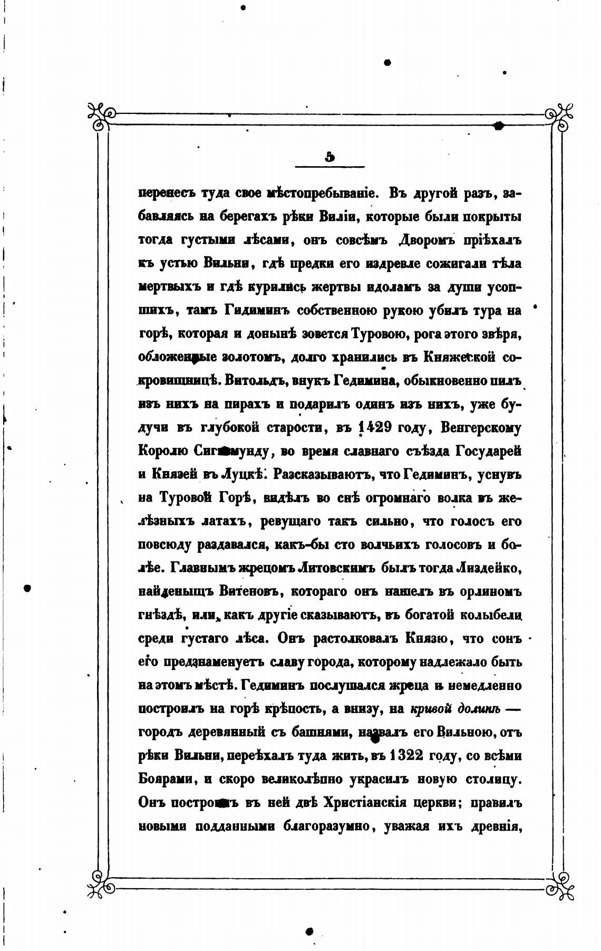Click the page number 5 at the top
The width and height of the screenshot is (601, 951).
pos(330,157)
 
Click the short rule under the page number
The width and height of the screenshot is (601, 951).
pos(330,167)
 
